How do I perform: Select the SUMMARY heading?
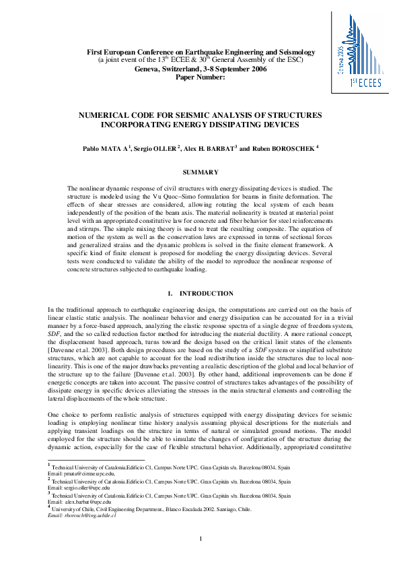click(x=200, y=172)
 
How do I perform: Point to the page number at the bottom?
click(x=200, y=537)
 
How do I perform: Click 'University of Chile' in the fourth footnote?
click(x=78, y=510)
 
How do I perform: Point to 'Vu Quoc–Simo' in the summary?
click(x=201, y=196)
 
